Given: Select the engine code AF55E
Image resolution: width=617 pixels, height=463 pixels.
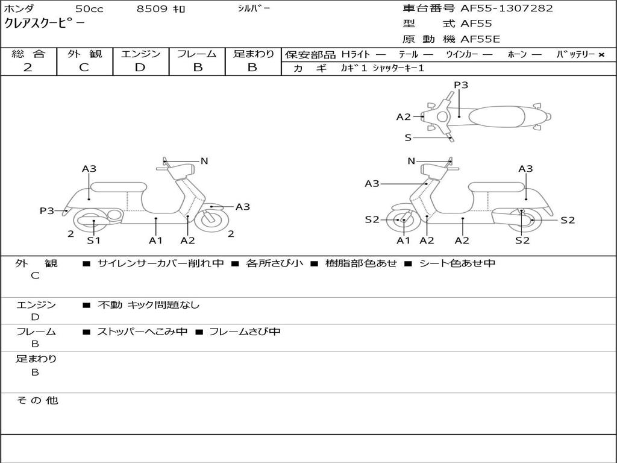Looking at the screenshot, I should (x=480, y=40).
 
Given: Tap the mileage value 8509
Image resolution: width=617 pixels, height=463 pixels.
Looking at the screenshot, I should (x=153, y=9).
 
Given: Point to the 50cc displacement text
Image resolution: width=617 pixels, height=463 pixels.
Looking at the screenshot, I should (x=89, y=9).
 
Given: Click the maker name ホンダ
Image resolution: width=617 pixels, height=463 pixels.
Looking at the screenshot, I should (x=19, y=9).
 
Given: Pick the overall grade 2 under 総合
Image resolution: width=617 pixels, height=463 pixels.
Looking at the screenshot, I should (x=28, y=68).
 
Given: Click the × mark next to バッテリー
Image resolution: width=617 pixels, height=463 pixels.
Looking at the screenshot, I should (x=601, y=55).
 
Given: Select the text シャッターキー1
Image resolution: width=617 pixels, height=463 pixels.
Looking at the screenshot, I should (x=398, y=69).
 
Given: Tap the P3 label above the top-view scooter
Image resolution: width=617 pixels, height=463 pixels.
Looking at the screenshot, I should (x=461, y=85).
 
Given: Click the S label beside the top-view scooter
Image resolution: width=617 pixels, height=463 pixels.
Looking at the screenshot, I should (x=408, y=137).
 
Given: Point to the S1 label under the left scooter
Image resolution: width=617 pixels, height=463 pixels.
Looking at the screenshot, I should (x=93, y=241).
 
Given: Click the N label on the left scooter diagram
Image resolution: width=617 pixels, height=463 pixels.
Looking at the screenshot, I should (x=204, y=161).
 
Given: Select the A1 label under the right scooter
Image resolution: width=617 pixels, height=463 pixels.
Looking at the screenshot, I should (x=403, y=241).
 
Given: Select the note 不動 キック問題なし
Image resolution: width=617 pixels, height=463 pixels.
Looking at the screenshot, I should (x=148, y=305).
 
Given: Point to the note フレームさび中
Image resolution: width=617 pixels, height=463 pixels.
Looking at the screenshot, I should (x=244, y=332).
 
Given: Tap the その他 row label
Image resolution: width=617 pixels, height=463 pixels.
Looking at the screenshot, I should (x=37, y=400).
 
